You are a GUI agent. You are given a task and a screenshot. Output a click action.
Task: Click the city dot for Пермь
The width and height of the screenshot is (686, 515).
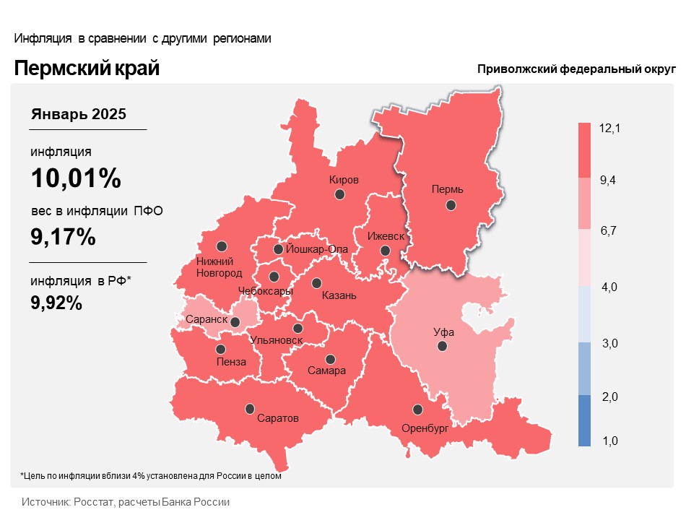coord(451,205)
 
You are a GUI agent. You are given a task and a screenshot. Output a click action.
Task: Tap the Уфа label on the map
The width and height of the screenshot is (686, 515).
coord(443,333)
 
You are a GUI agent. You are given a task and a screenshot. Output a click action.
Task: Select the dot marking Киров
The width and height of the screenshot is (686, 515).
coord(339,194)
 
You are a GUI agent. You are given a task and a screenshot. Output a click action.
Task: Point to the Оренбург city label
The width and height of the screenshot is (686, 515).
coord(425,428)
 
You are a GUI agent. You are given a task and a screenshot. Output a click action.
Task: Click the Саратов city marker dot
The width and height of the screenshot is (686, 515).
coord(250,408)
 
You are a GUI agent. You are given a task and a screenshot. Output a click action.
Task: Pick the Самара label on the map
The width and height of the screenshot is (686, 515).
coord(326,371)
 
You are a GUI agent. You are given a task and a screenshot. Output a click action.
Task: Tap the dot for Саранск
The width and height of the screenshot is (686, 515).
coord(235,321)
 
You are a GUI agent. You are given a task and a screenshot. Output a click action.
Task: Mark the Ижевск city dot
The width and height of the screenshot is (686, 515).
coord(385,251)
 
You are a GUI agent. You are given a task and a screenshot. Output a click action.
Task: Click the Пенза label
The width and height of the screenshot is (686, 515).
coord(231,362)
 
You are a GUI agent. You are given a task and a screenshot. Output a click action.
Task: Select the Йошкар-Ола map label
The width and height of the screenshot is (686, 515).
coord(317,250)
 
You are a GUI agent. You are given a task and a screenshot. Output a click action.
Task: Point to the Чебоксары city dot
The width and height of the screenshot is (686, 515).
coord(274,277)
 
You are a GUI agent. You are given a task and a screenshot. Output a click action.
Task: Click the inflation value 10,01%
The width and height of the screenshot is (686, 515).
coord(75,178)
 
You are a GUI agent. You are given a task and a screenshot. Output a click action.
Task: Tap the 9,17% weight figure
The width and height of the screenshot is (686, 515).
coord(63,236)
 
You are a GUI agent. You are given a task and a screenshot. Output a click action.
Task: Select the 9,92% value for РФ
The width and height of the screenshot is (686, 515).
coord(56,303)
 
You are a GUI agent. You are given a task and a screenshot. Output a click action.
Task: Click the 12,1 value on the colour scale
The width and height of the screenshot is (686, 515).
coord(610,129)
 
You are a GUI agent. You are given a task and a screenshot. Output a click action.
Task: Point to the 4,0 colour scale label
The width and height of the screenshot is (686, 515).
coord(609,287)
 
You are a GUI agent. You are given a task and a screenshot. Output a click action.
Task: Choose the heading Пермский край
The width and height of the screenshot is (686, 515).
coord(87,69)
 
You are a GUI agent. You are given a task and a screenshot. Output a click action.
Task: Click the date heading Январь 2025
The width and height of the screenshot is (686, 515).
coord(79,114)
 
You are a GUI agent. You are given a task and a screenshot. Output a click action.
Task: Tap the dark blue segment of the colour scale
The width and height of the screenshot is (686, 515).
coord(585,420)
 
